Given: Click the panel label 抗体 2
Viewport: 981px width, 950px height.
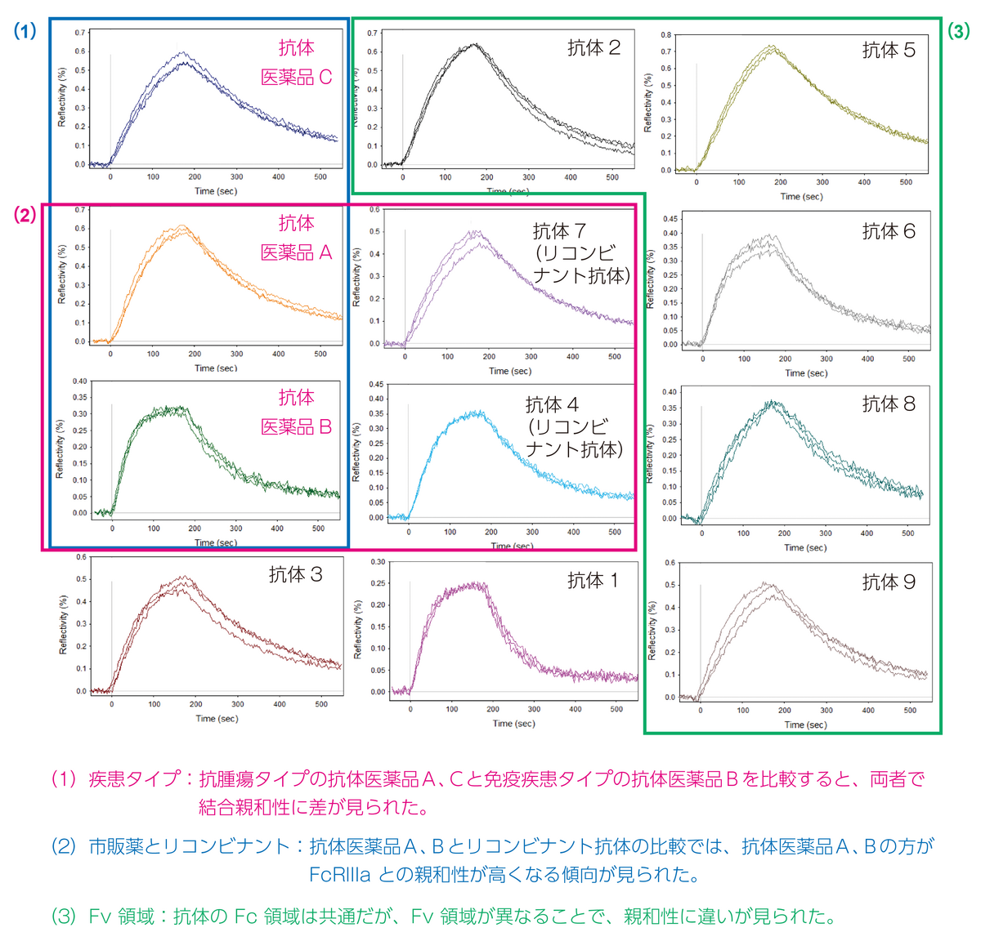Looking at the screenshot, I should (x=594, y=48).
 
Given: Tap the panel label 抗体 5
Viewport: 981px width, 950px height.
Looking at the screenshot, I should (x=889, y=51).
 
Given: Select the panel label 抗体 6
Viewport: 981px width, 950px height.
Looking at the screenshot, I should (x=889, y=232).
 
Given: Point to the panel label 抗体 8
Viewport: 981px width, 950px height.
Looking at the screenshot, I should (x=889, y=404).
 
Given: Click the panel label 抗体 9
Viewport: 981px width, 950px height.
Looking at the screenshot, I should (x=889, y=582).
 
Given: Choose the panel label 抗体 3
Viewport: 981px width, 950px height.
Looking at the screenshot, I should (x=296, y=575).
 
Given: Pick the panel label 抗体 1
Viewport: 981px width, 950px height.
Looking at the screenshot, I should (x=594, y=581).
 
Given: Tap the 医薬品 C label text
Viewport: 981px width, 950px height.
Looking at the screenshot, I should (x=296, y=78).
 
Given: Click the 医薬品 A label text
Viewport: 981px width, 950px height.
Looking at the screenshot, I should (x=296, y=253).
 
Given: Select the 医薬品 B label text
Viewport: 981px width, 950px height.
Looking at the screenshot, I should (x=296, y=427).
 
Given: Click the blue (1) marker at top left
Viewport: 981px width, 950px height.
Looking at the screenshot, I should (x=25, y=32).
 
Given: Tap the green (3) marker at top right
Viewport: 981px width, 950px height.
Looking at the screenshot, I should (x=958, y=32).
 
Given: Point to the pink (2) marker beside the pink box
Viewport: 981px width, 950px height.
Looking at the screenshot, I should (x=25, y=216).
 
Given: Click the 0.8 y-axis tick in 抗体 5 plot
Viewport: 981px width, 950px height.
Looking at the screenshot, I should (x=666, y=35).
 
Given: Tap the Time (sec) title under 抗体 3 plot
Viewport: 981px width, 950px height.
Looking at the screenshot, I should (x=217, y=719).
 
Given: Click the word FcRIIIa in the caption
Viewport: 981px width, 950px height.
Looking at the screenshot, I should (x=339, y=875).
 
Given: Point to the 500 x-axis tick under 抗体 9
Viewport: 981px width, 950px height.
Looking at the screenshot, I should (x=910, y=711).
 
